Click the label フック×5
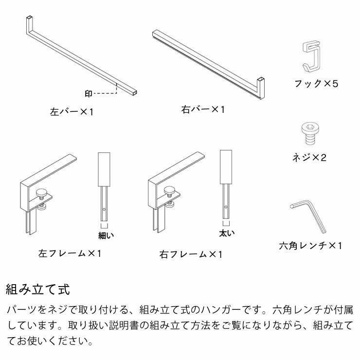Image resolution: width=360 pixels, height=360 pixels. (x=316, y=84)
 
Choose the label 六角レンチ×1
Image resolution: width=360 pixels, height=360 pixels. (x=311, y=246)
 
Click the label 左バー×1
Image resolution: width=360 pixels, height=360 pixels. (x=72, y=111)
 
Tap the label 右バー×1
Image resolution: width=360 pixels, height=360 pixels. (x=203, y=109)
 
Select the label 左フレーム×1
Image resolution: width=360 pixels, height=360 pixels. (x=70, y=253)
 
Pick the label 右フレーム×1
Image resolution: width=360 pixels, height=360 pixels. (x=191, y=254)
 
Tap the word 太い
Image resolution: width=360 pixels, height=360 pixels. (x=226, y=234)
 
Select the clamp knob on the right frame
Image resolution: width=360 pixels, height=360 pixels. (x=171, y=191)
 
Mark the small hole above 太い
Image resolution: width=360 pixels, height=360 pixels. (x=226, y=208)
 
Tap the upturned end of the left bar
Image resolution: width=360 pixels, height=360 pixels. (x=29, y=23)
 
